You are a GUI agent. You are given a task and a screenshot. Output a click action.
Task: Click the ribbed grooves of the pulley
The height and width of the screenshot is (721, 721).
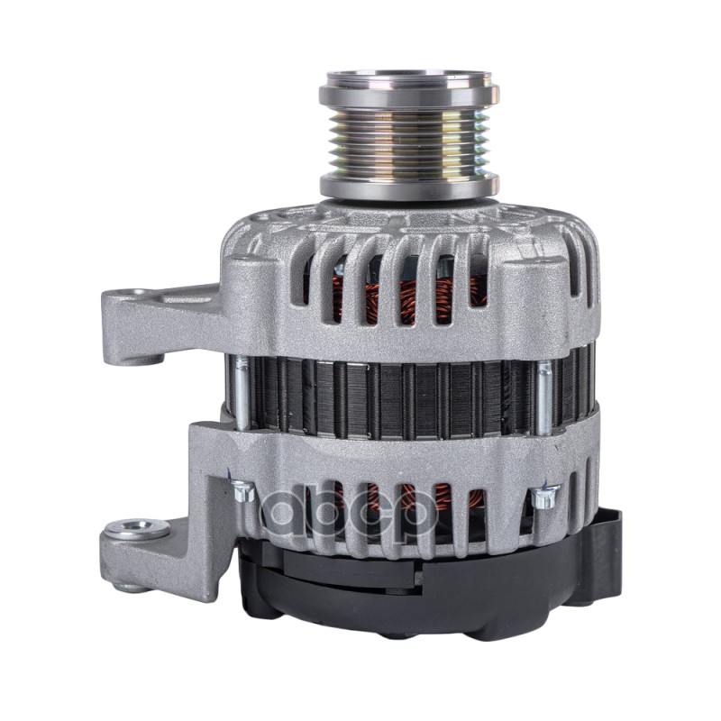click(x=408, y=135)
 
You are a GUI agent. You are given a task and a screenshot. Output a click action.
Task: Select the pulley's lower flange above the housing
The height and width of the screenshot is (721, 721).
click(x=408, y=187)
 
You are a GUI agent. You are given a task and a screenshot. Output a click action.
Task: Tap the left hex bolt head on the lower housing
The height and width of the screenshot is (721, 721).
click(x=242, y=492)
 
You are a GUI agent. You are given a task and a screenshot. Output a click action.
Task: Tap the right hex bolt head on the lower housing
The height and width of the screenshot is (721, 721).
click(x=543, y=495)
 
